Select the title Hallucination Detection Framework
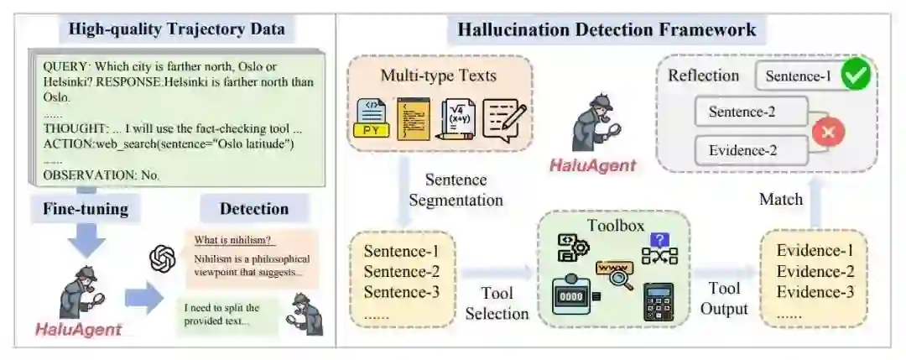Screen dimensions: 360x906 point(607,31)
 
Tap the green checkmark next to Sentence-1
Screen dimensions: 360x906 point(855,76)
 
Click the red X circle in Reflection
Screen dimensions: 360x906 point(828,131)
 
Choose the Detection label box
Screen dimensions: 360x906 point(253,209)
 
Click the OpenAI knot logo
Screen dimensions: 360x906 point(163,258)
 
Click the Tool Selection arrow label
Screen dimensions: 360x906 point(497,303)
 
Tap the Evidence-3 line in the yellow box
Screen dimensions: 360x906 point(815,291)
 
